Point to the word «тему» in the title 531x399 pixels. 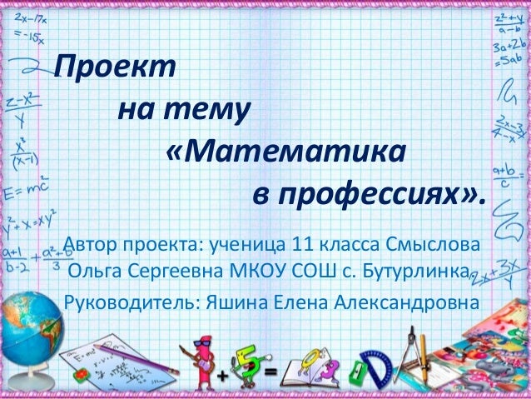(206, 110)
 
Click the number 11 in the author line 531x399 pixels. (303, 247)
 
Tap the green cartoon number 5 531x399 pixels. (250, 358)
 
